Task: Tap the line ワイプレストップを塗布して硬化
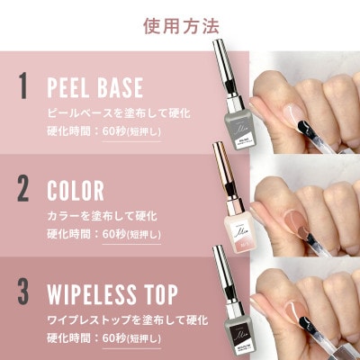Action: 127,319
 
